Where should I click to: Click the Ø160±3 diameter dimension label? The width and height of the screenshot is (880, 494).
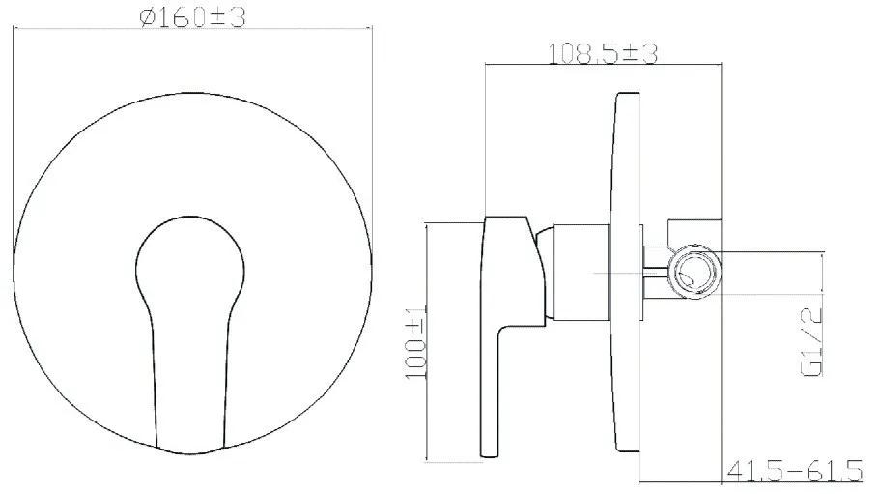pyautogui.click(x=192, y=17)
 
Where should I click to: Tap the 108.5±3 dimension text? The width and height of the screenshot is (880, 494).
pyautogui.click(x=602, y=54)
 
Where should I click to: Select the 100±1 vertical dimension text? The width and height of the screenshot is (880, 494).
pyautogui.click(x=416, y=342)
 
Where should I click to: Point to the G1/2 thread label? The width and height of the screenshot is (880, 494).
pyautogui.click(x=812, y=340)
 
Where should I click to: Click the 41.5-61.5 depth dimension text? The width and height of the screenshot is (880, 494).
pyautogui.click(x=794, y=471)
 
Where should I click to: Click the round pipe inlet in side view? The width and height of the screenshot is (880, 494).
pyautogui.click(x=694, y=273)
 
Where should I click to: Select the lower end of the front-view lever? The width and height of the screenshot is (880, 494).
pyautogui.click(x=190, y=447)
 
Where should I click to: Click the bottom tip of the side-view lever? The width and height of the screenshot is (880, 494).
pyautogui.click(x=488, y=455)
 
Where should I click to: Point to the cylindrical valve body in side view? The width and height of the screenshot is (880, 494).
pyautogui.click(x=581, y=274)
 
